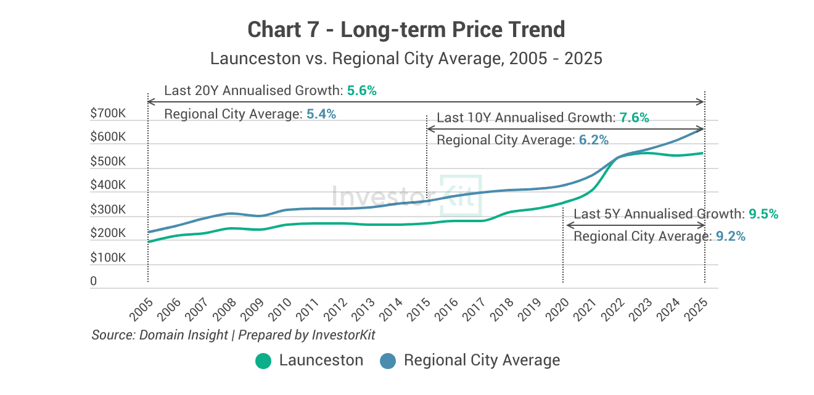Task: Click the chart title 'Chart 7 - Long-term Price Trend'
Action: pos(406,29)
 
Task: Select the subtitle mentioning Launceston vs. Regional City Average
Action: pos(406,59)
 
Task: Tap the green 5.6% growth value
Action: pos(361,91)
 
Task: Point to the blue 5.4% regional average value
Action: pos(321,114)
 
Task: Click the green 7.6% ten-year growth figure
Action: pos(634,118)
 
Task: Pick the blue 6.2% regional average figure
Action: pos(593,141)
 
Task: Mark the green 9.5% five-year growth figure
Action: pos(763,214)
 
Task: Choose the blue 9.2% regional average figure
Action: pos(730,236)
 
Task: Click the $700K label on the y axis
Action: pos(108,114)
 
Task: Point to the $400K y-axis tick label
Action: pos(108,185)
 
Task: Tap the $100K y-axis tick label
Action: pos(108,257)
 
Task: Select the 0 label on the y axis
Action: pos(94,281)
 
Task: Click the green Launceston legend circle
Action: pos(263,361)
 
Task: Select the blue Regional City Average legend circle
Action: pos(388,361)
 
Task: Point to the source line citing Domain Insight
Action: pos(233,335)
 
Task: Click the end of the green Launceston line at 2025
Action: pos(703,153)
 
